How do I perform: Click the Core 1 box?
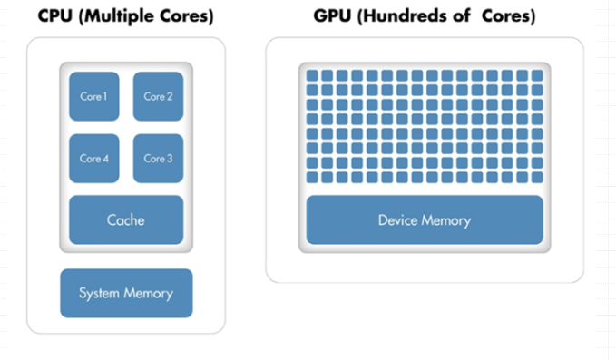click(94, 96)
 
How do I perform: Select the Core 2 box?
click(158, 96)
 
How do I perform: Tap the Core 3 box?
click(158, 158)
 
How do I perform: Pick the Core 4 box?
click(94, 158)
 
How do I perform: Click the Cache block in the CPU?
click(126, 219)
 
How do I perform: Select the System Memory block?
click(126, 293)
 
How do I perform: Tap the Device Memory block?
click(425, 219)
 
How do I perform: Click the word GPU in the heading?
click(332, 16)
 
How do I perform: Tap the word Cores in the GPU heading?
click(508, 16)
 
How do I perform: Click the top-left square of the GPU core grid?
click(312, 75)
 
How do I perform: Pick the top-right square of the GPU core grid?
click(537, 75)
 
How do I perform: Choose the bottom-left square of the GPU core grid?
click(312, 178)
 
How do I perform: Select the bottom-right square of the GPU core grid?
click(537, 178)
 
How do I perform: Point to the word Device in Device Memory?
click(399, 220)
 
